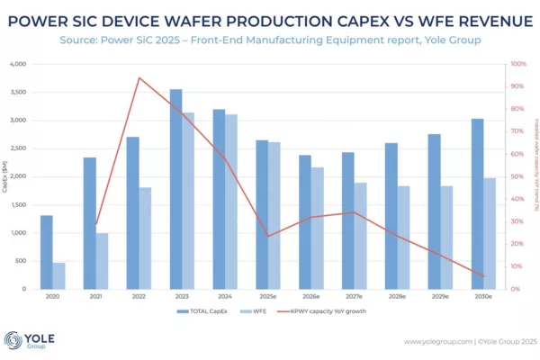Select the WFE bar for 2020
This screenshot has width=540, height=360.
(x=58, y=275)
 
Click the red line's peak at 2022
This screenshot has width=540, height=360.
(x=139, y=77)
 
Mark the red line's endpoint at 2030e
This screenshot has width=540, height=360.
(x=483, y=276)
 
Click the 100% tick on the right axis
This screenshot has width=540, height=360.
(x=517, y=65)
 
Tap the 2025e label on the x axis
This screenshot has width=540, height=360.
(x=268, y=296)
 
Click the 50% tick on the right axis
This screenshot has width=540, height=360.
(x=517, y=176)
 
